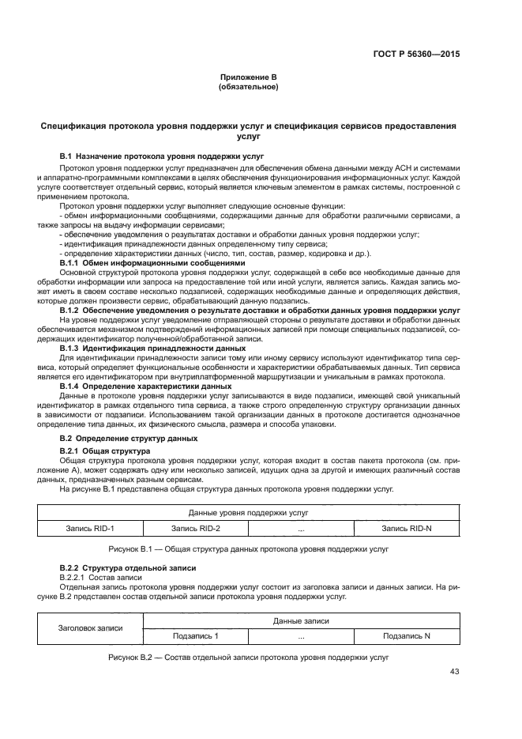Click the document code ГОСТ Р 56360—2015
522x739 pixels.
pos(417,54)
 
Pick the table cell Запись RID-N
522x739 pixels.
pos(406,528)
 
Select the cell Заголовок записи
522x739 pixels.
pos(91,628)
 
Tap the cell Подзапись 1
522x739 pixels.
pos(196,635)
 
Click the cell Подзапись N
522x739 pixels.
pos(406,635)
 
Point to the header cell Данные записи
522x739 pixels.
pos(301,621)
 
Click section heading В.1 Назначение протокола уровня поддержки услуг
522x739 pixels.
pos(162,157)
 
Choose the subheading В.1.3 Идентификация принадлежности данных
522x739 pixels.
pos(153,347)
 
